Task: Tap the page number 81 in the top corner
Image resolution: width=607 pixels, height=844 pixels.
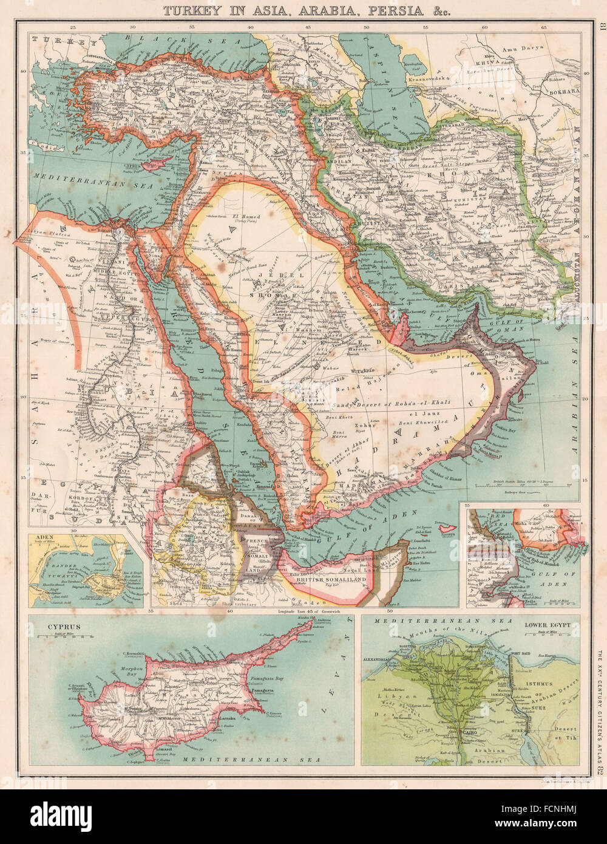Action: (600, 27)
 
